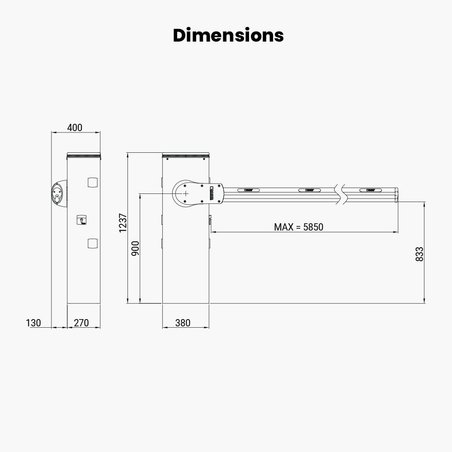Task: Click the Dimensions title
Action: [228, 35]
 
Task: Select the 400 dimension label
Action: [75, 127]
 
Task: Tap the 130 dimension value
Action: [33, 323]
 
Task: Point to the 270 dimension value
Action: [81, 323]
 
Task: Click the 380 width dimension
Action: [183, 323]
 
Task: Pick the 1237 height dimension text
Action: [123, 223]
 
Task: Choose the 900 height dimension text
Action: [135, 248]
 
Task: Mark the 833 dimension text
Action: [419, 254]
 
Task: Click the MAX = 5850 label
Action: [299, 227]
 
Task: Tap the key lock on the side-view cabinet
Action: [82, 220]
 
